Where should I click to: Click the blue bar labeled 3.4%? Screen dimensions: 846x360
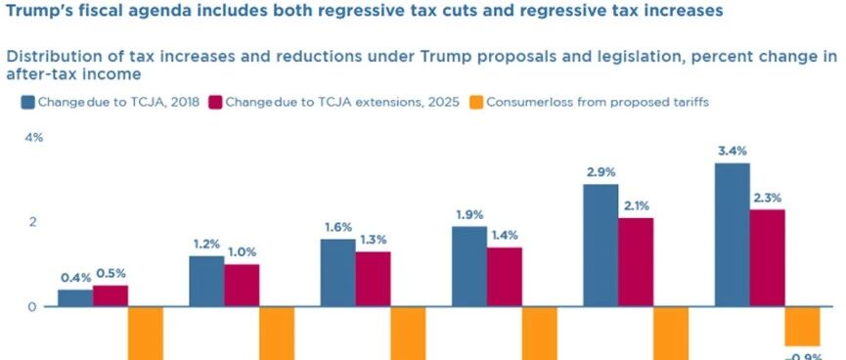pos(733,235)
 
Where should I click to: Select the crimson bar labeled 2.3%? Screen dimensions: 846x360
pos(767,258)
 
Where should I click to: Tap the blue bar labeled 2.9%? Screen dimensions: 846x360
pos(601,246)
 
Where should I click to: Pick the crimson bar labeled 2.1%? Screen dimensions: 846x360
pos(636,262)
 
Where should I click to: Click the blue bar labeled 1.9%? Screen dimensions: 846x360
pos(469,267)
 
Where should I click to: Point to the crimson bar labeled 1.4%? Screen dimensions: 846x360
pos(505,277)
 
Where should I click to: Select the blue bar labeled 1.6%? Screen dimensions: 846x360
pos(337,273)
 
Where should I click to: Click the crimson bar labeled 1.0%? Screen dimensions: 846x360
pos(242,286)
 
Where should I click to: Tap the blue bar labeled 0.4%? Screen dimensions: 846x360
pos(75,298)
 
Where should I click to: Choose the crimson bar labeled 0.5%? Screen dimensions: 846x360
pos(111,295)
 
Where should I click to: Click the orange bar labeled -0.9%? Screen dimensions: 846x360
pos(802,326)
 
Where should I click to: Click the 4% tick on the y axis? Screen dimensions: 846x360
pos(34,138)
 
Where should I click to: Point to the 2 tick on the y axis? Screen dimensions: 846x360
pos(32,222)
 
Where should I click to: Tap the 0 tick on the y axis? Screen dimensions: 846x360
pos(32,306)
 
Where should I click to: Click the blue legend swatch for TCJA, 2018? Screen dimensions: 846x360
pos(28,102)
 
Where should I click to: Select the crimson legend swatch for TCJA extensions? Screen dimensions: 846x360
pos(215,102)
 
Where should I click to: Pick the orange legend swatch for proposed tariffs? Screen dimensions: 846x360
pos(476,102)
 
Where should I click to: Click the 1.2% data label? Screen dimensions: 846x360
pos(206,244)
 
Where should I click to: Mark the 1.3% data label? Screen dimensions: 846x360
pos(374,240)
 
